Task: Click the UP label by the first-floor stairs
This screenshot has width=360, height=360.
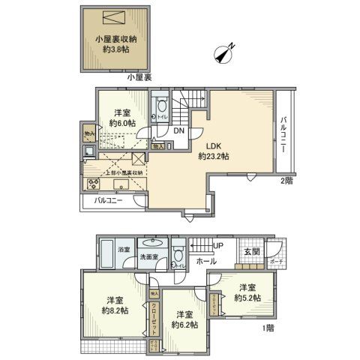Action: tap(218, 245)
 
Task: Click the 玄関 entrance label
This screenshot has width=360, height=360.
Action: tap(253, 252)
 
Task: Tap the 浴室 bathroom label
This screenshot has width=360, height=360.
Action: tap(124, 247)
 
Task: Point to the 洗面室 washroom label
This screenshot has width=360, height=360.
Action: tap(149, 259)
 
